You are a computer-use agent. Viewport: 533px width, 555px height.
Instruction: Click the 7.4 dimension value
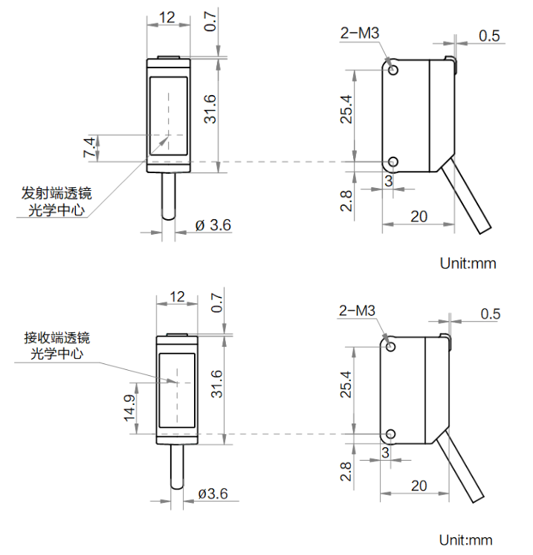(x=88, y=147)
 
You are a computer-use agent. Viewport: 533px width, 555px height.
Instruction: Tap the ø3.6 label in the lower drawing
(x=213, y=493)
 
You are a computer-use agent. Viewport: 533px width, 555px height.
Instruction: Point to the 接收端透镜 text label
(x=57, y=337)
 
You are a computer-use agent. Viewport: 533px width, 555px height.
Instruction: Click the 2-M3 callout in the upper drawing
(x=360, y=33)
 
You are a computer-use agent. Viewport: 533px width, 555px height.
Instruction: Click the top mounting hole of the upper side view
(x=393, y=70)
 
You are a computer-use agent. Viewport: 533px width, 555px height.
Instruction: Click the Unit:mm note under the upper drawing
(x=468, y=262)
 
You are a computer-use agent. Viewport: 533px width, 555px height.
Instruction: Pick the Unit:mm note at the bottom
(x=465, y=539)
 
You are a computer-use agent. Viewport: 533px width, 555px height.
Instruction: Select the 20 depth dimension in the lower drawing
(x=419, y=485)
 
